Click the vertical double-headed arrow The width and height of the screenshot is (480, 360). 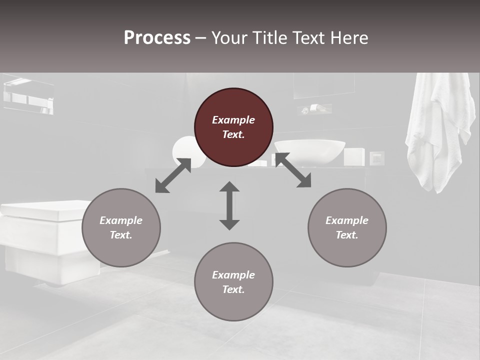click(x=229, y=205)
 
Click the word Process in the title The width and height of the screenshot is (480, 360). click(x=157, y=37)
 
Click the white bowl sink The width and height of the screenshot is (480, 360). click(x=309, y=151)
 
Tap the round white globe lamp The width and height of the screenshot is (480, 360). click(x=185, y=150)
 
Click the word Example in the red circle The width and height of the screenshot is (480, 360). click(x=233, y=120)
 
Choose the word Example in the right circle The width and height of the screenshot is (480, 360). click(x=347, y=220)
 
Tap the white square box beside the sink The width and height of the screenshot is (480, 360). click(x=354, y=156)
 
